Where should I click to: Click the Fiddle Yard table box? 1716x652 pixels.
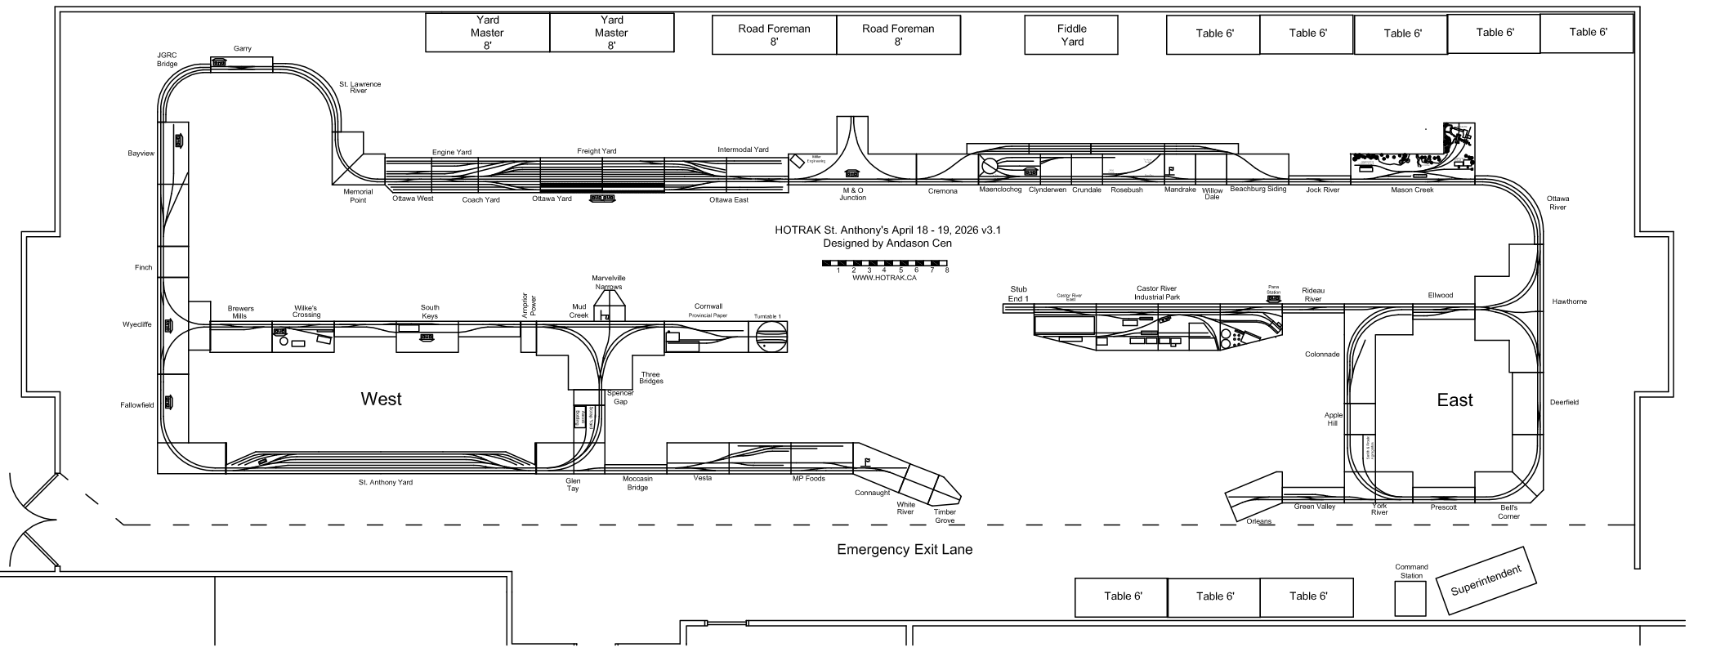point(1071,35)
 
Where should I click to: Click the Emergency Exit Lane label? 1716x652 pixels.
point(905,550)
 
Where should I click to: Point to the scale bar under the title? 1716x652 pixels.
point(885,264)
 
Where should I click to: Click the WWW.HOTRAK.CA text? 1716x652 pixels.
point(884,278)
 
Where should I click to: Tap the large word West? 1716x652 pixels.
point(382,400)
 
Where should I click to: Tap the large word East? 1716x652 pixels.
point(1455,400)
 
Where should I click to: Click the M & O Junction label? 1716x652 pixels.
point(852,194)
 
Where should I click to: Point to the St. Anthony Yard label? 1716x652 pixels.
point(385,483)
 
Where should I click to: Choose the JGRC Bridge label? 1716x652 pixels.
point(168,60)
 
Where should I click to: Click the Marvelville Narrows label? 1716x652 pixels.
point(609,283)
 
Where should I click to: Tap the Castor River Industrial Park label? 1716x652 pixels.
point(1156,293)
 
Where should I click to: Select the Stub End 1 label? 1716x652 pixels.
point(1018,294)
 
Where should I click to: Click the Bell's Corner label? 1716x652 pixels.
point(1508,512)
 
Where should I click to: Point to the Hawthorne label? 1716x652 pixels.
point(1569,302)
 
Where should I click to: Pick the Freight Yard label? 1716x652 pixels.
point(597,151)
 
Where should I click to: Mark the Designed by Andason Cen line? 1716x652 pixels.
point(887,243)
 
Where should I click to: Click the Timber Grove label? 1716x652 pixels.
point(945,517)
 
